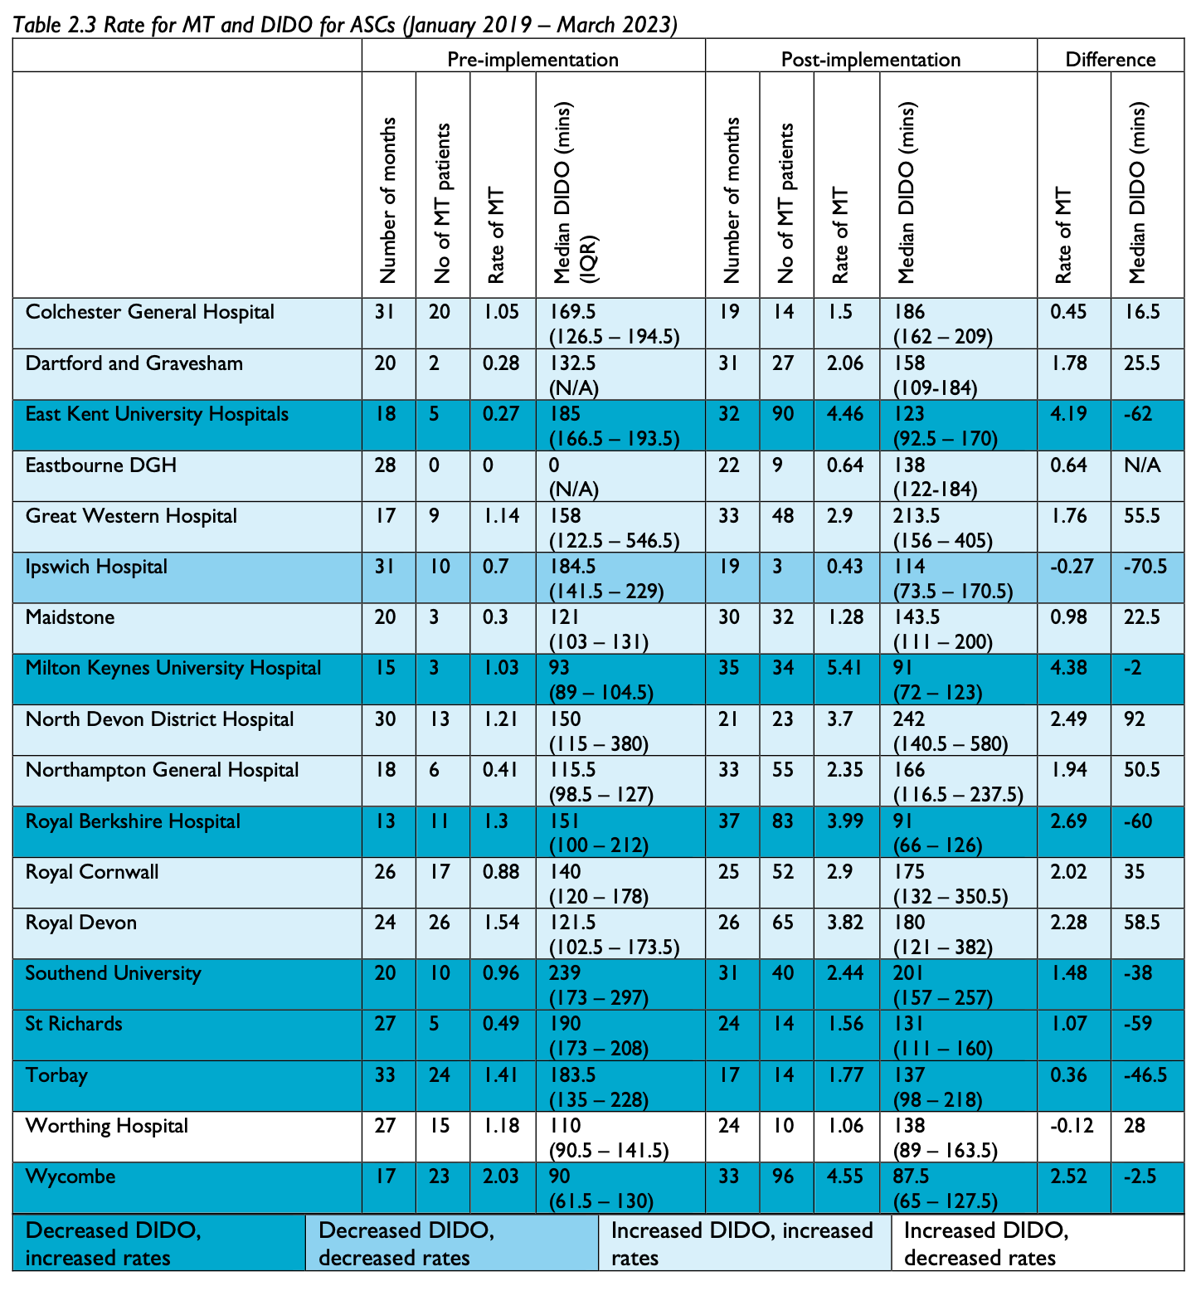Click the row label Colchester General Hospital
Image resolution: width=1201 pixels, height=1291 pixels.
coord(149,313)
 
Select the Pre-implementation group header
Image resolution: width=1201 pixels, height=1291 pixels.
coord(532,60)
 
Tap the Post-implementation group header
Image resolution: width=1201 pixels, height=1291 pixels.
coord(870,60)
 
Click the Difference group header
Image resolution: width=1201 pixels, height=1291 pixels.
coord(1110,60)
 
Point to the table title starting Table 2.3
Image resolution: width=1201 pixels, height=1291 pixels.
coord(345,25)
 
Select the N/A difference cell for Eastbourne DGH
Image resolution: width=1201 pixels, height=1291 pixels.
coord(1142,465)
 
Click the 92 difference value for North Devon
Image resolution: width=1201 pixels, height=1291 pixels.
coord(1135,719)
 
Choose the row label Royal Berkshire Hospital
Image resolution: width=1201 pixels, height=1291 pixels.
coord(133,821)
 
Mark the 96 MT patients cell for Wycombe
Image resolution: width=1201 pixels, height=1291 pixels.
coord(785,1177)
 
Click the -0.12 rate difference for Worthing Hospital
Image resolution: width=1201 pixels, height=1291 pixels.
coord(1072,1126)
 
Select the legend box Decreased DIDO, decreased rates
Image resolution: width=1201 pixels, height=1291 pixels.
coord(451,1243)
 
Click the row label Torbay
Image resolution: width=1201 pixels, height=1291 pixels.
coord(56,1076)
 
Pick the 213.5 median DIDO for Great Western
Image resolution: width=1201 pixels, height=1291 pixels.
coord(917,516)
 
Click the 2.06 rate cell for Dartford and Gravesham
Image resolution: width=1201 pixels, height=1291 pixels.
coord(844,363)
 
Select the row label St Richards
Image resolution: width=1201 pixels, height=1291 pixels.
coord(74,1025)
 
